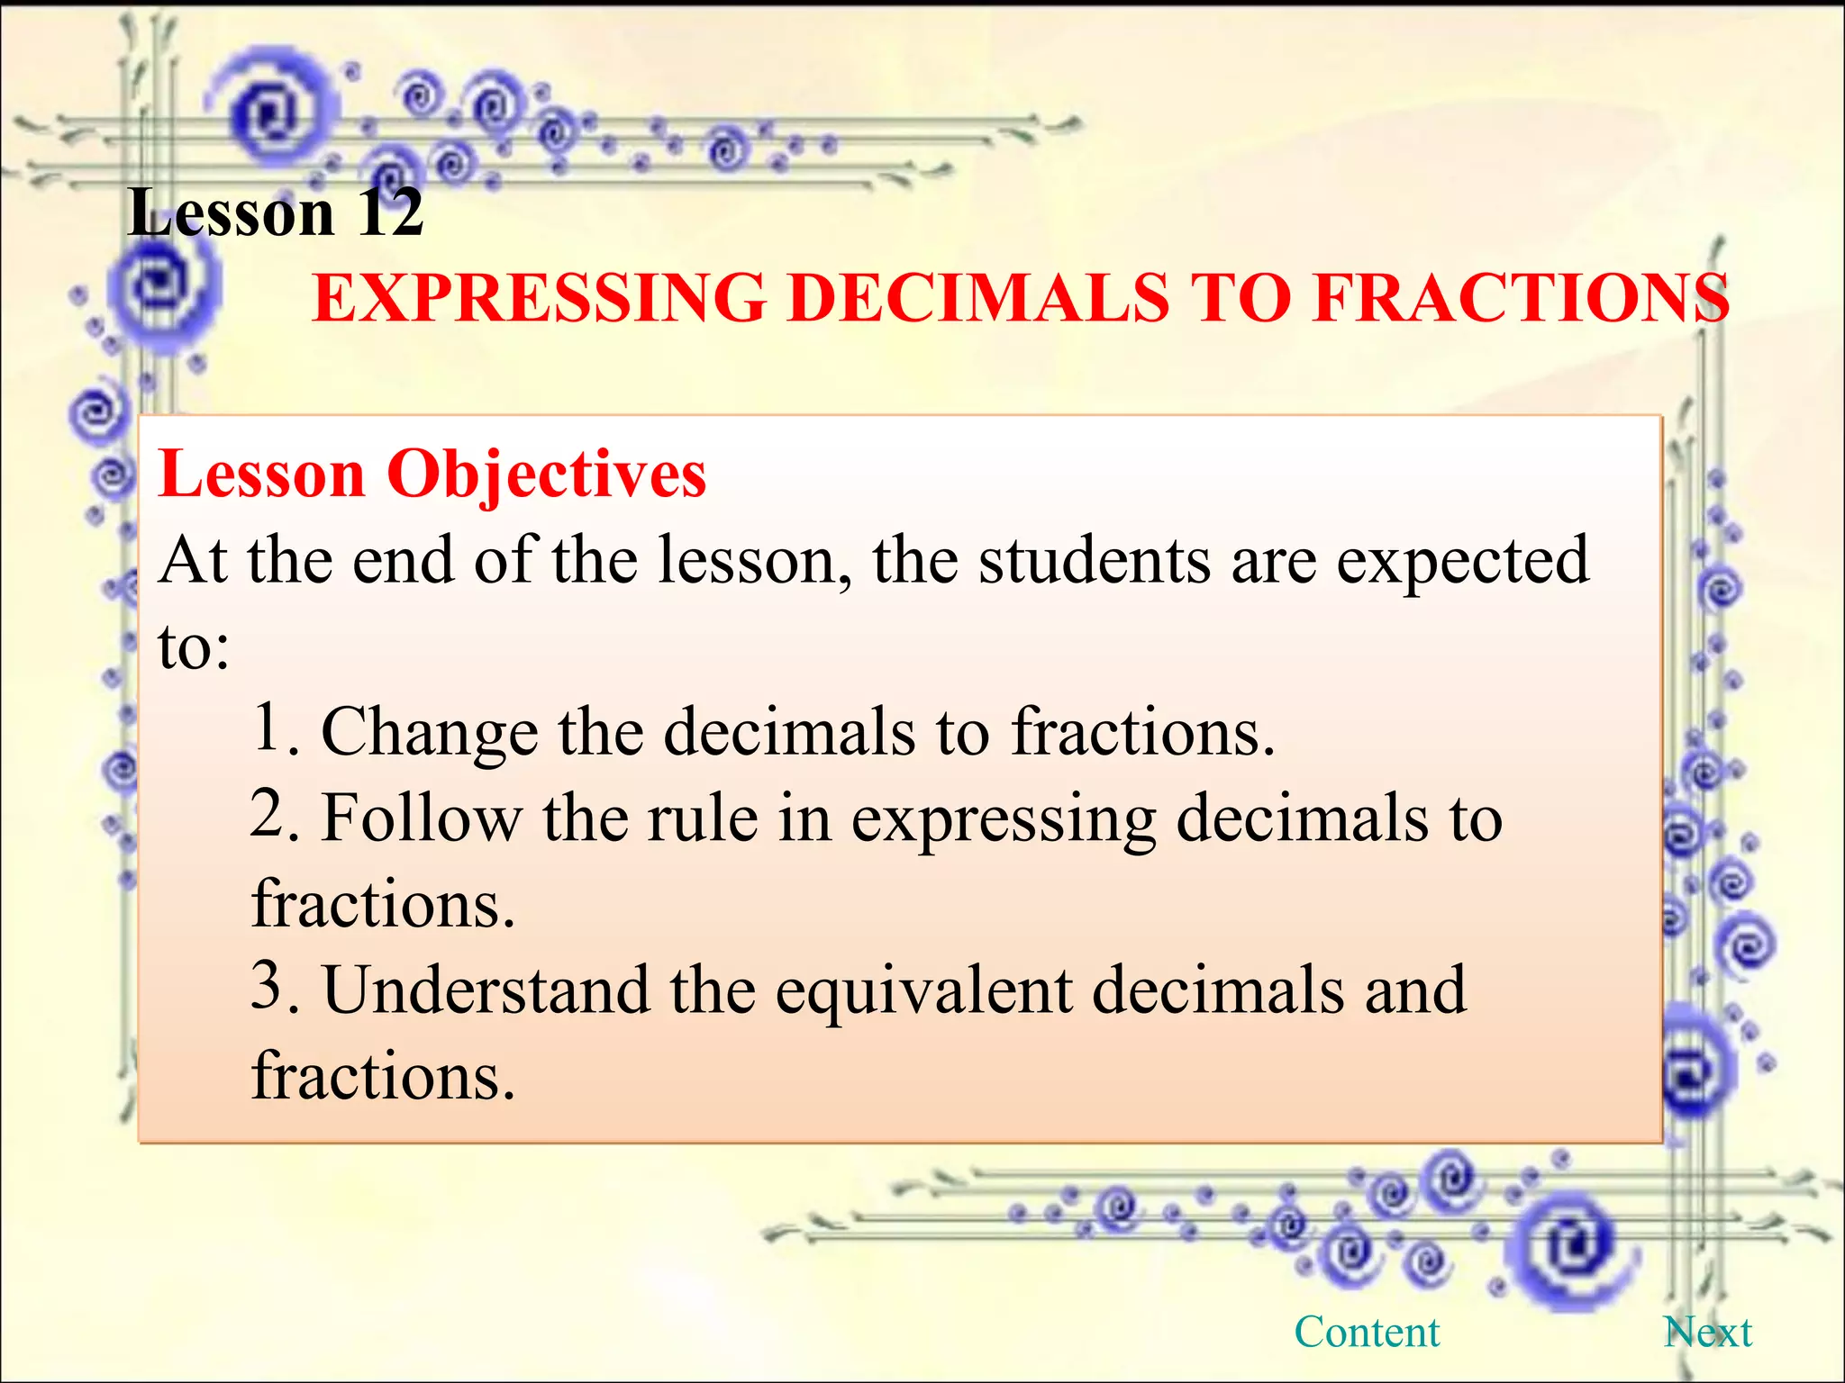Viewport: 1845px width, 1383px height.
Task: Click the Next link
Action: coord(1707,1332)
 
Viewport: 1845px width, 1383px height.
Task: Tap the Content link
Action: coord(1367,1332)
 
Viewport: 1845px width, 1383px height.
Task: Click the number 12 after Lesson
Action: coord(389,213)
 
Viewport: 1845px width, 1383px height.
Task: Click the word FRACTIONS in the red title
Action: coord(1521,299)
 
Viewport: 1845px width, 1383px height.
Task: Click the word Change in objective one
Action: coord(429,733)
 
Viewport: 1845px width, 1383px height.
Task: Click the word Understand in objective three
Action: coord(486,990)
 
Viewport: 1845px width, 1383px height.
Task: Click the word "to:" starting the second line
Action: coord(194,646)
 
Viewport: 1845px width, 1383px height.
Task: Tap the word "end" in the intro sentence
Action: coord(403,561)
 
